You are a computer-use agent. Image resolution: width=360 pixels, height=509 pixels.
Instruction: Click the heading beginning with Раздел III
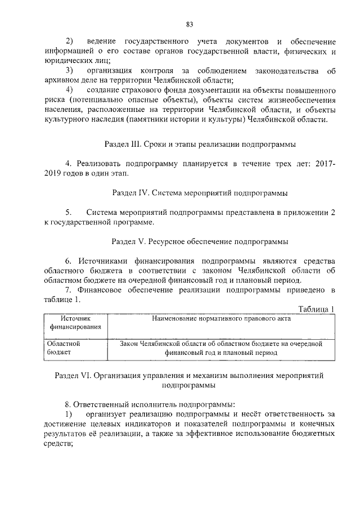click(x=200, y=144)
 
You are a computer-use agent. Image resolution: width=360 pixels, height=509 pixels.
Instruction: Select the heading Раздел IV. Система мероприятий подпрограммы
click(x=200, y=193)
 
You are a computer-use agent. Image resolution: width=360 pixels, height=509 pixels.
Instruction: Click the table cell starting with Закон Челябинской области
click(x=221, y=347)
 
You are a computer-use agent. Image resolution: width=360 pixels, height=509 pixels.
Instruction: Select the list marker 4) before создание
click(x=70, y=91)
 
